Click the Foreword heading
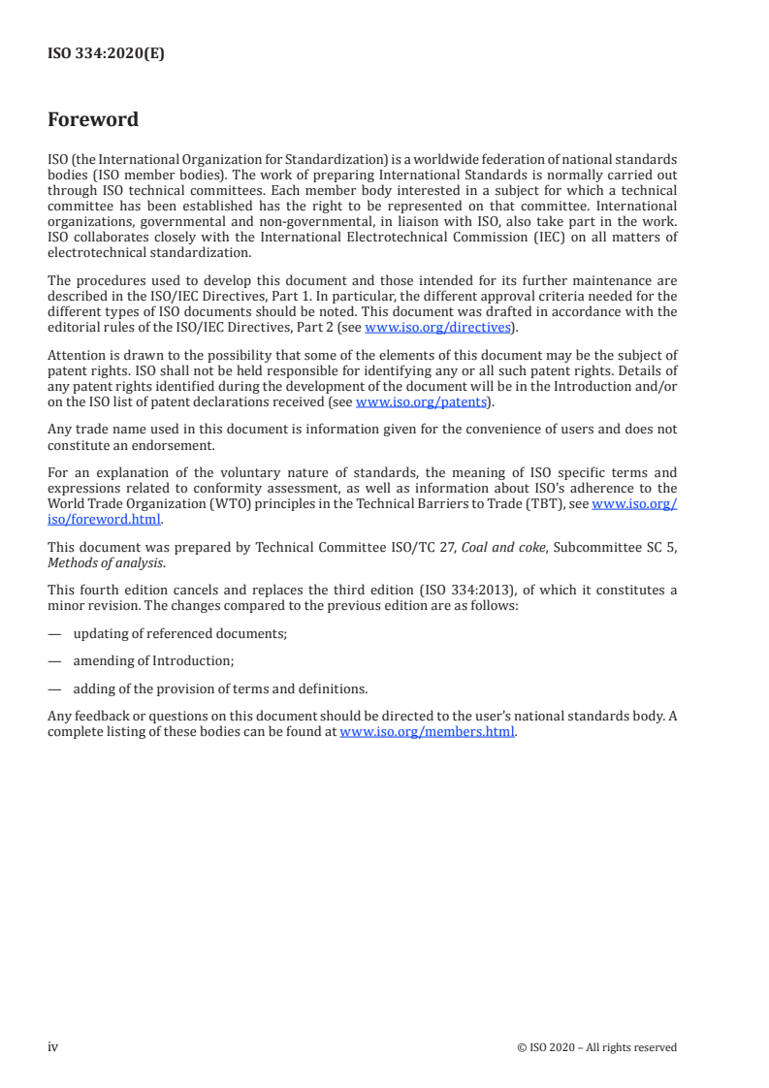click(x=93, y=120)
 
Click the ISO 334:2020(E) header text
click(x=107, y=54)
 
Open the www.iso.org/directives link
click(x=437, y=328)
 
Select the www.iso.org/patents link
click(x=422, y=401)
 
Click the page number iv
click(x=53, y=1046)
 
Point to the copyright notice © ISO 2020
click(x=597, y=1047)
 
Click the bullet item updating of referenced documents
click(x=179, y=633)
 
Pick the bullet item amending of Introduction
click(x=154, y=661)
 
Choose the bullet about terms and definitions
click(x=220, y=689)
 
